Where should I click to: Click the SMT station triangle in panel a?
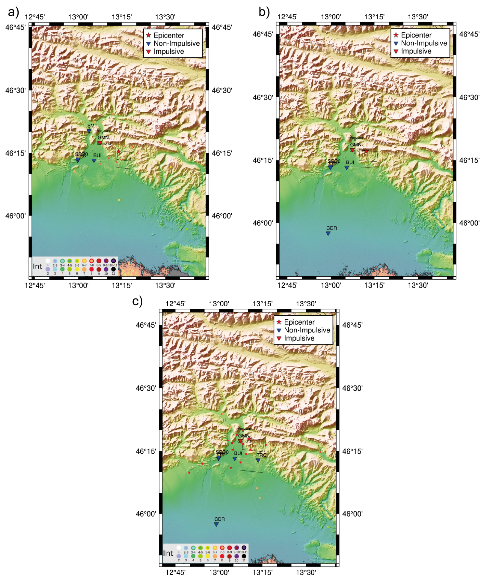[x=89, y=131]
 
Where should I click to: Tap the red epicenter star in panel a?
[x=119, y=152]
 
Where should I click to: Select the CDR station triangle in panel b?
[x=328, y=233]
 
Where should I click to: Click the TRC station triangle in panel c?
[x=258, y=460]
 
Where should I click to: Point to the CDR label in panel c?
[x=219, y=519]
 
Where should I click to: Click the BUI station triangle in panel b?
[x=346, y=168]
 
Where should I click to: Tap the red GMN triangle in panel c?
[x=240, y=441]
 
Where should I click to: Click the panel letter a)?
[x=13, y=12]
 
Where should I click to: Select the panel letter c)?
[x=137, y=301]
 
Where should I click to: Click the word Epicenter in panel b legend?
[x=416, y=35]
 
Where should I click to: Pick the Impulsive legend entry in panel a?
[x=169, y=52]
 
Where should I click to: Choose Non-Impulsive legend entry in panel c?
[x=307, y=330]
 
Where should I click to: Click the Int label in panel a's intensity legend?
[x=37, y=266]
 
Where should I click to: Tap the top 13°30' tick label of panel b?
[x=418, y=17]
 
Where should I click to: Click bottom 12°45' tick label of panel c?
[x=176, y=572]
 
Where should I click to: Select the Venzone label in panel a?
[x=104, y=131]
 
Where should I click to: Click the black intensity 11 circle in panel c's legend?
[x=244, y=556]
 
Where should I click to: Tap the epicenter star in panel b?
[x=366, y=151]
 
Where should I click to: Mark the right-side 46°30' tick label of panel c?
[x=352, y=388]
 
